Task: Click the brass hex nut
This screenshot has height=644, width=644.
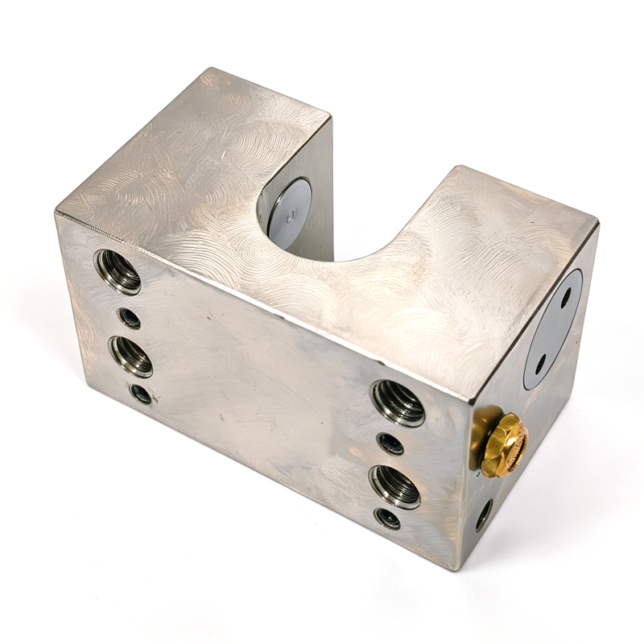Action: tap(505, 444)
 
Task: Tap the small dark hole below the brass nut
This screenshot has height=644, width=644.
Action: tap(484, 514)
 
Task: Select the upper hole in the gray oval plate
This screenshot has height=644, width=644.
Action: tap(567, 297)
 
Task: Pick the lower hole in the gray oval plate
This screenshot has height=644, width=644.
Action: tap(542, 361)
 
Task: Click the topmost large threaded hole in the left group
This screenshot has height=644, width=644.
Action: tap(118, 271)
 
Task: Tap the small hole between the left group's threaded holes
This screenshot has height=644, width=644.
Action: tap(129, 318)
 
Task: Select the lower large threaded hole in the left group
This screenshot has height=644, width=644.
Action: tap(130, 355)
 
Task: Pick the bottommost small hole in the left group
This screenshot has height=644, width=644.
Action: tap(140, 394)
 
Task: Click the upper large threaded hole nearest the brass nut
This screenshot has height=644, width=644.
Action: tap(397, 402)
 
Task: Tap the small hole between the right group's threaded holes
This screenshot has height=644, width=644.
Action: tap(390, 443)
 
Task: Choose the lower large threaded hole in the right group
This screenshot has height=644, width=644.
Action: tap(394, 485)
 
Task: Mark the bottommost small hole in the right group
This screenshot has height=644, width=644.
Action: tap(387, 518)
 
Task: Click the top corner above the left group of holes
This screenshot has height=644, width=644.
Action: tap(56, 211)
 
